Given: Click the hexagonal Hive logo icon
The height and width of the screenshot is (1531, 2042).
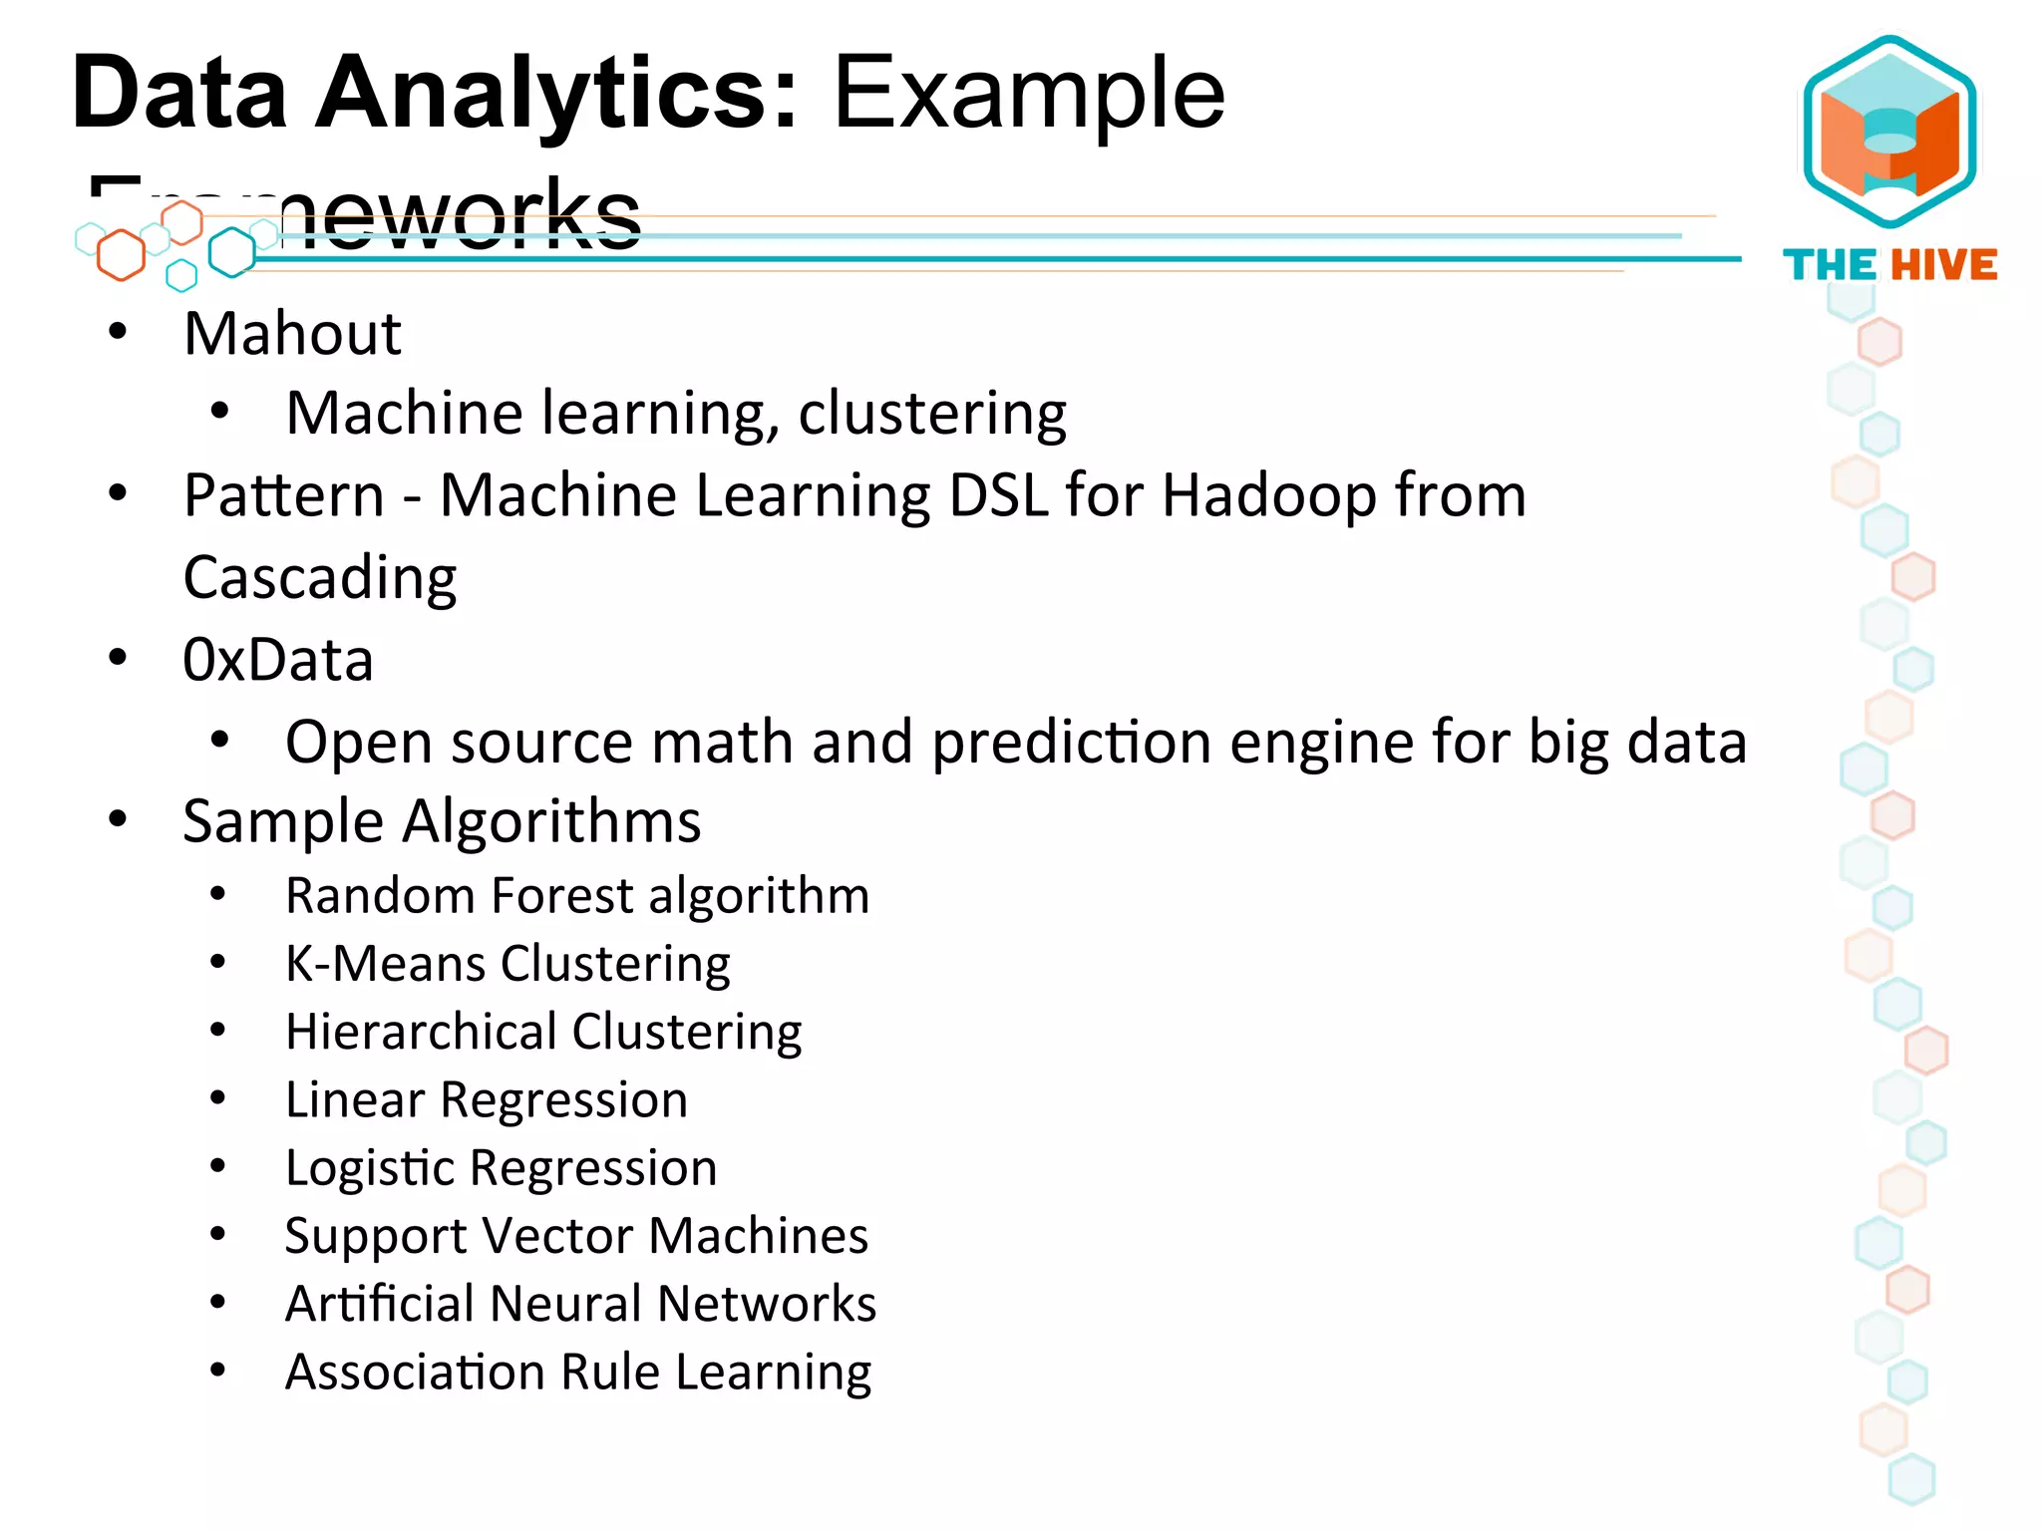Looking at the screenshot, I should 1889,132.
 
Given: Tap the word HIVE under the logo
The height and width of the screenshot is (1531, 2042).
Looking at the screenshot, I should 1944,265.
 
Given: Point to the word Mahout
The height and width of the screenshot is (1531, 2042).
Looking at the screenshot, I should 292,333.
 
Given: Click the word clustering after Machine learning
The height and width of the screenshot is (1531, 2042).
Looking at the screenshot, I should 932,413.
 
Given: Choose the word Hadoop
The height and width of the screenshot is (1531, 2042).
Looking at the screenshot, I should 1269,496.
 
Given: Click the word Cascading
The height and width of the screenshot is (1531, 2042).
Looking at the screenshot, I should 320,578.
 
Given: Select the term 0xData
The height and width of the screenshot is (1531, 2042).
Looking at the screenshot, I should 278,660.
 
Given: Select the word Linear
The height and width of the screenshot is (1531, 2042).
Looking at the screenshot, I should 355,1099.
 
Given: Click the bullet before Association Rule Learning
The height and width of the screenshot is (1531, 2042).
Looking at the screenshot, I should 218,1371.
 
